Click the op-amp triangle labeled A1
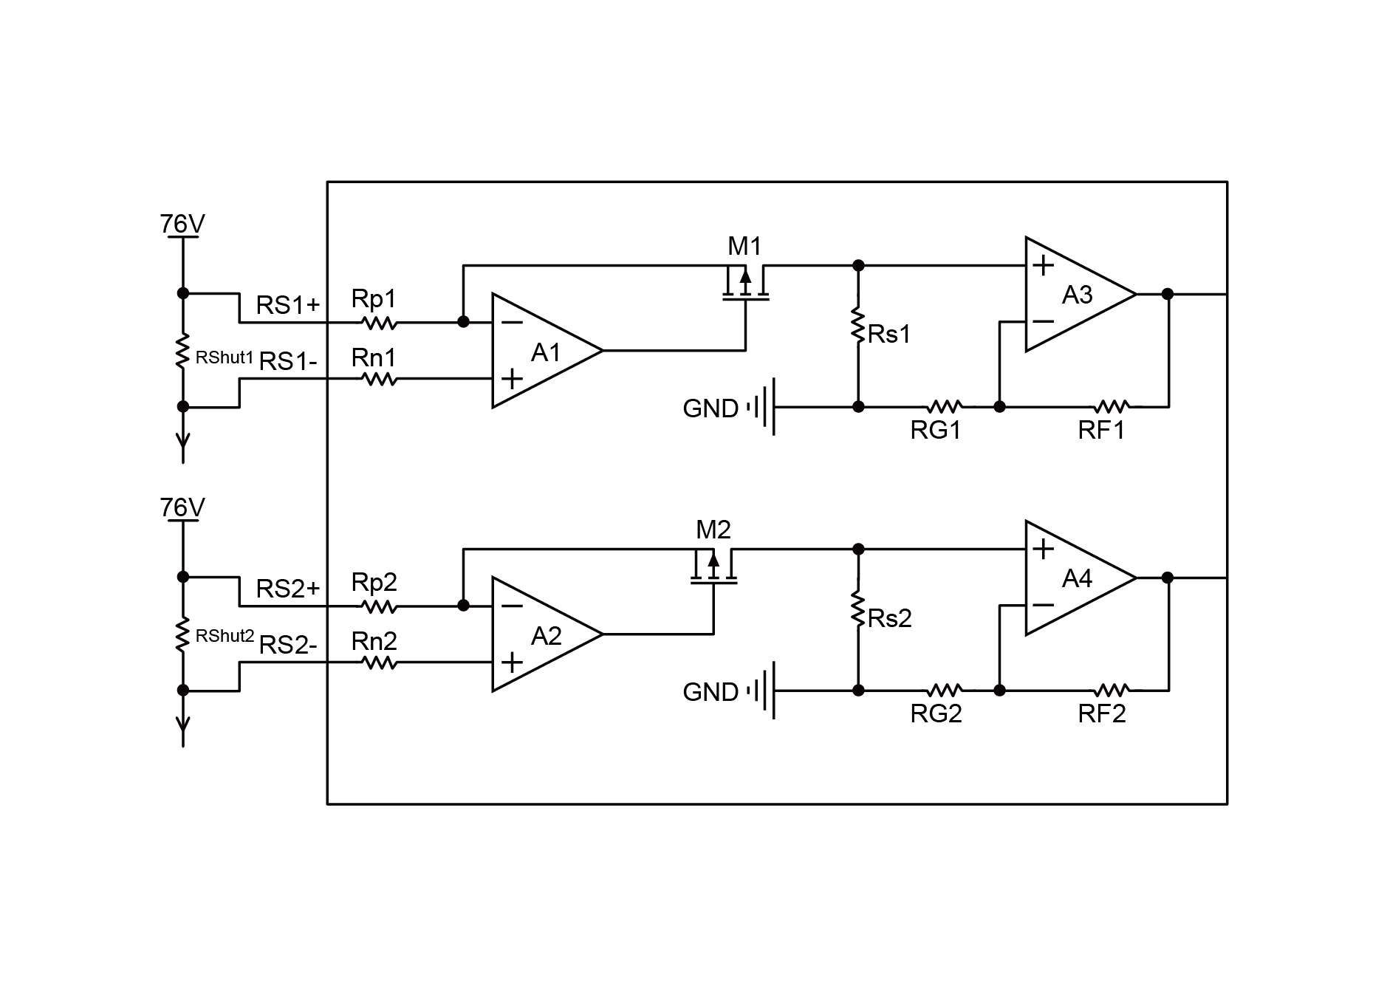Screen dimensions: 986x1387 pos(543,351)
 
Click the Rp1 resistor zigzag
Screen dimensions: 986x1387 pos(379,323)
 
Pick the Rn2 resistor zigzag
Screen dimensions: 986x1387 pos(379,663)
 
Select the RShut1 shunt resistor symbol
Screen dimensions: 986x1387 pos(182,351)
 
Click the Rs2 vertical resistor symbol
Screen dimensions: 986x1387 pos(858,608)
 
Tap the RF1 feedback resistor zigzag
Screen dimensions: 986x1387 pos(1111,406)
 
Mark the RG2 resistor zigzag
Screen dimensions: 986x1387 pos(944,690)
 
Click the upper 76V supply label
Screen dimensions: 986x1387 pos(182,224)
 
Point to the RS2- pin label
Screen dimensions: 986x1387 pos(288,646)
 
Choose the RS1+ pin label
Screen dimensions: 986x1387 pos(288,305)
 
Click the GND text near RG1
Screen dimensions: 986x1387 pos(710,408)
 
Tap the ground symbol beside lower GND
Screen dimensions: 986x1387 pos(764,691)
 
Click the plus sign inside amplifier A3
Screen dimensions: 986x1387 pos(1043,265)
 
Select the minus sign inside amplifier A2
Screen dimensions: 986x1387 pos(511,606)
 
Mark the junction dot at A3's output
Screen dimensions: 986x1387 pos(1168,294)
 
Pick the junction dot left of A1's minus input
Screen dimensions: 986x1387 pos(463,321)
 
